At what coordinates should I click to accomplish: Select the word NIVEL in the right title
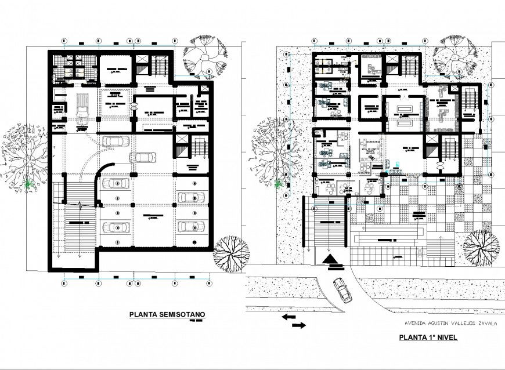coord(446,336)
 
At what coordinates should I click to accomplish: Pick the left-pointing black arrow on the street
coord(288,317)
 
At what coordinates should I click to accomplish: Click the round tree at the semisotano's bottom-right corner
coord(230,253)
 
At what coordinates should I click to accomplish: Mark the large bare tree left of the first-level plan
coord(270,148)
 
